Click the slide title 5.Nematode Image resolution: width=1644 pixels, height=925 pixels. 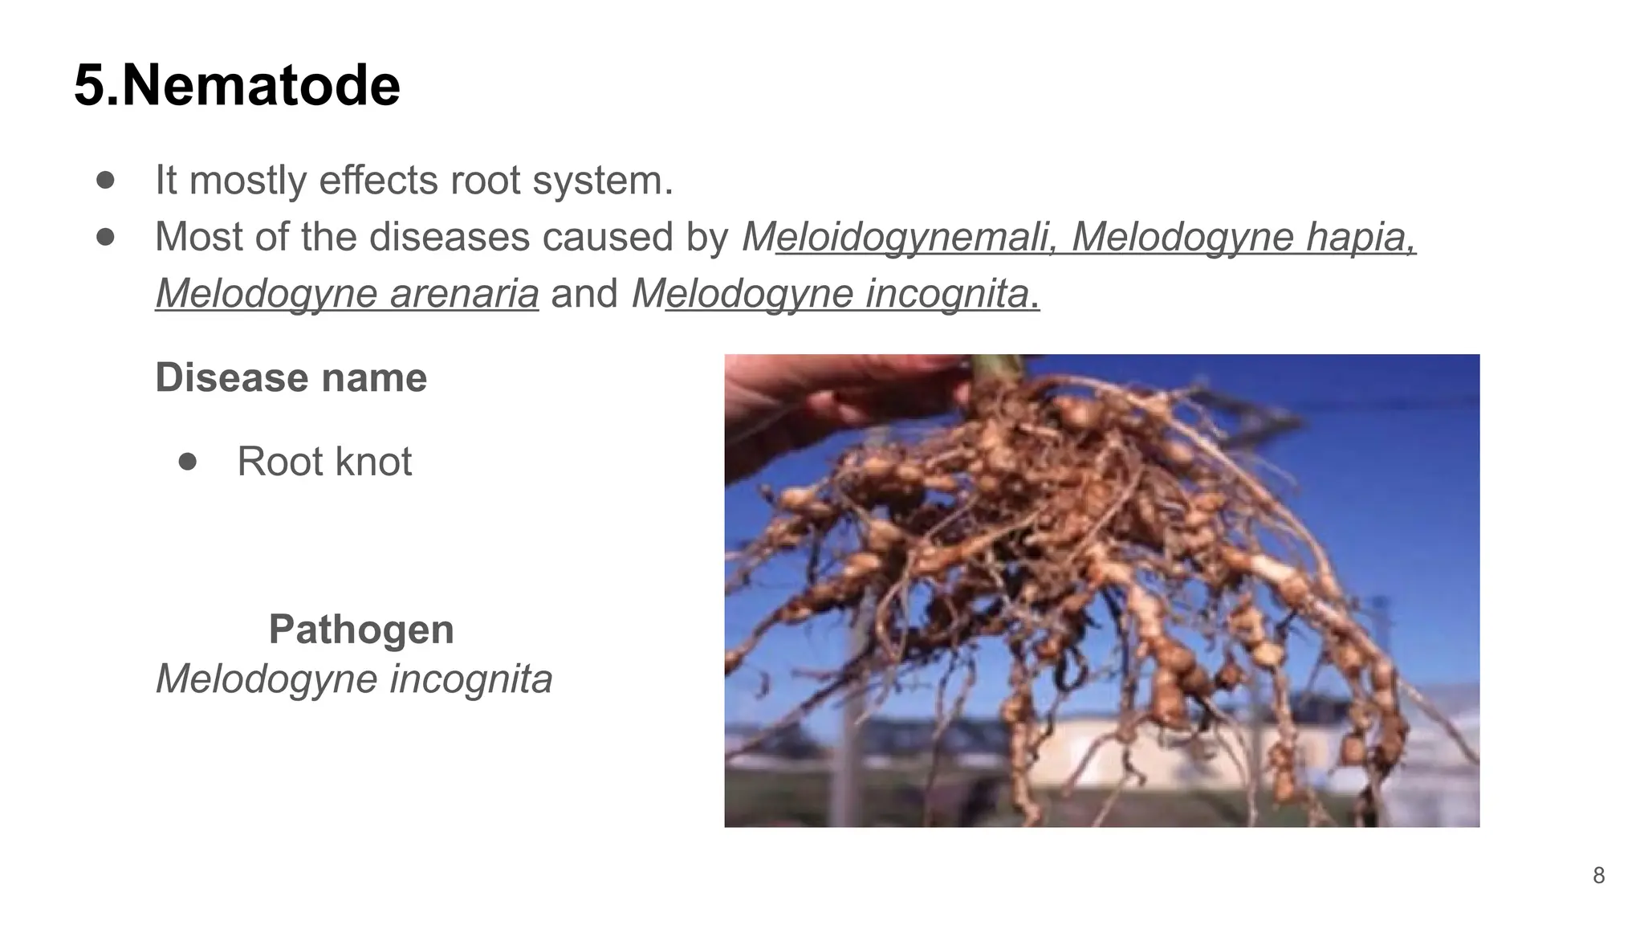pos(237,85)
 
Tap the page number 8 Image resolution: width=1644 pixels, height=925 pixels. pos(1598,875)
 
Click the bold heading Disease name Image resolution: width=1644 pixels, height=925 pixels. pos(291,377)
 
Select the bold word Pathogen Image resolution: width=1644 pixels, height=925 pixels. pos(361,629)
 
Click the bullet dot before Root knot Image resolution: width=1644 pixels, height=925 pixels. pos(188,461)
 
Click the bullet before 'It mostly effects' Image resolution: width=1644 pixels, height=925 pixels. pos(105,180)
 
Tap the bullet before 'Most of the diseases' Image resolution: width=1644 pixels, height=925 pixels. pos(105,237)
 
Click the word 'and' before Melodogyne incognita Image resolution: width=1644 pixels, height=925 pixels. pos(584,293)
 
